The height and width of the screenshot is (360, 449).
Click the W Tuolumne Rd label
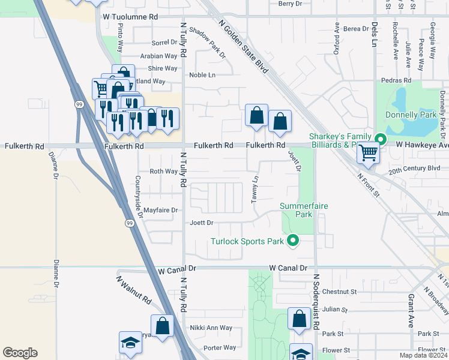[x=130, y=17]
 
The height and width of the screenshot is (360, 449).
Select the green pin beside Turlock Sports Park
[x=293, y=241]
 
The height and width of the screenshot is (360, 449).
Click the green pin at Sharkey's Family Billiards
[x=380, y=140]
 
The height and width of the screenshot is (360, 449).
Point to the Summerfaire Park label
[x=304, y=209]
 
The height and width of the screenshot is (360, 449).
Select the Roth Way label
[x=164, y=172]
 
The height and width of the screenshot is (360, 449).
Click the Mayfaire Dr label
[x=161, y=211]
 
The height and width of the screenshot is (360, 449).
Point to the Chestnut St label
[x=339, y=292]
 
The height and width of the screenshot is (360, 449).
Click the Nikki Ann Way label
[x=211, y=328]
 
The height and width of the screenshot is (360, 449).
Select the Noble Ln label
[x=202, y=75]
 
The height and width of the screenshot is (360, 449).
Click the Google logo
[x=20, y=353]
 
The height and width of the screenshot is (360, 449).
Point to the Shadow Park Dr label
[x=206, y=43]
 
